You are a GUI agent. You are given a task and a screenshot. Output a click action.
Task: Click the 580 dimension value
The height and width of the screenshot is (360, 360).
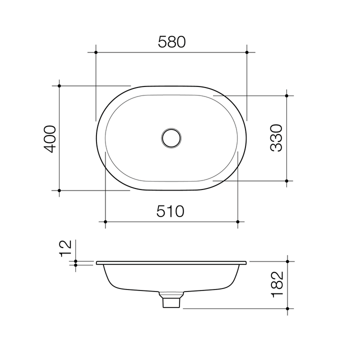pos(171,42)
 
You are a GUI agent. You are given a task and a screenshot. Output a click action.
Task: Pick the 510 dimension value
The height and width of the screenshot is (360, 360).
pos(170,211)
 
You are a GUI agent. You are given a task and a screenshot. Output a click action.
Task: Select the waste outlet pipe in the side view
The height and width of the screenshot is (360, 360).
pos(171,300)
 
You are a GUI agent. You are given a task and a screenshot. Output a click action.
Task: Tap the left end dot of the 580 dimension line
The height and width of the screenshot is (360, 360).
pos(95,51)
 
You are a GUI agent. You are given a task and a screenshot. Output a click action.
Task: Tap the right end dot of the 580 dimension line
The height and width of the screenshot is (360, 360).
pos(247,51)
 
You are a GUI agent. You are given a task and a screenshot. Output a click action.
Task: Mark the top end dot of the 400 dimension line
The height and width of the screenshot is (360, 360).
pos(59,86)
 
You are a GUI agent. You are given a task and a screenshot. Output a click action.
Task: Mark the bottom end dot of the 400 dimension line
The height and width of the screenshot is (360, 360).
pos(59,190)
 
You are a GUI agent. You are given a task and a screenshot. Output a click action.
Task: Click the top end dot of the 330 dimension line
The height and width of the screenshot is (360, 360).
pos(286,95)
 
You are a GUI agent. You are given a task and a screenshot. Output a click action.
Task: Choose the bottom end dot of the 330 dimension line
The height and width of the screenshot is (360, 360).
pos(286,180)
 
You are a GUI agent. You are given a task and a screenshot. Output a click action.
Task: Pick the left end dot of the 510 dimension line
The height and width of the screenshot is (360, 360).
pos(105,221)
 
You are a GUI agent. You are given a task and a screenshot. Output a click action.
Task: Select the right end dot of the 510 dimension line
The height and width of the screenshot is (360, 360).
pos(238,221)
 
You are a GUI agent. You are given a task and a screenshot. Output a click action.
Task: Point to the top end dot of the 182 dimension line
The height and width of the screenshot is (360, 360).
pos(287,261)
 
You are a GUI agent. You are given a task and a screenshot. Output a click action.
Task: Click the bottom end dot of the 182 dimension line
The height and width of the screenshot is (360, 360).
pos(287,308)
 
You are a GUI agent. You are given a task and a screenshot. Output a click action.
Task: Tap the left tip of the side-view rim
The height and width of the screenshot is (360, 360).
pos(96,262)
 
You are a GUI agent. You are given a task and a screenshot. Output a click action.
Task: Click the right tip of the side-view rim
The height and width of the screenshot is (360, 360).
pos(246,262)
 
